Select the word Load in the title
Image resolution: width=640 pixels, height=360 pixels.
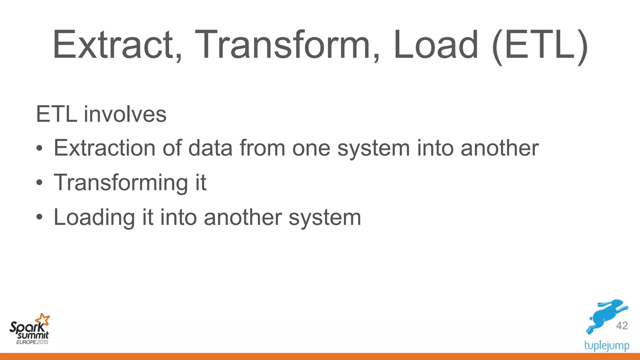tap(436, 44)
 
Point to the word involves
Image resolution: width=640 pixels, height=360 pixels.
tap(125, 114)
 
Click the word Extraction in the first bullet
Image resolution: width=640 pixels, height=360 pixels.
tap(104, 148)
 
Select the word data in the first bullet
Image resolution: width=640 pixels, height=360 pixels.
tap(210, 148)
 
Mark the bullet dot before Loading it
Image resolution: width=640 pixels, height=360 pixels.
tap(39, 217)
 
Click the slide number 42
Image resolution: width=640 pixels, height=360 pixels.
tap(622, 326)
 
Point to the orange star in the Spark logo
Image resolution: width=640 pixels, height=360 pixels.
tap(43, 319)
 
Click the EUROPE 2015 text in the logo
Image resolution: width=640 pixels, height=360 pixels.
tap(32, 342)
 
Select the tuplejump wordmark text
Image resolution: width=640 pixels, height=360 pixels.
tap(607, 346)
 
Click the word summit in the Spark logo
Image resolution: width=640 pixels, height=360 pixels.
tap(33, 336)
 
